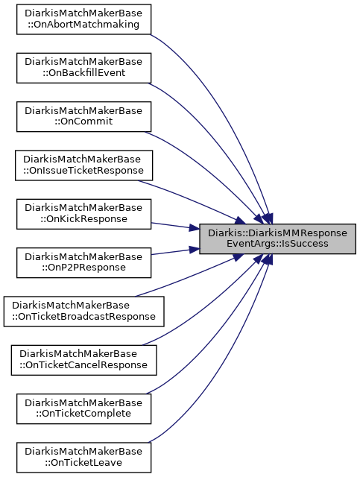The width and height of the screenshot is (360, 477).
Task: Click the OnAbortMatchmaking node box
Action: coord(83,19)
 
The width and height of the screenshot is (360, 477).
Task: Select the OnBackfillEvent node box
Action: coord(83,68)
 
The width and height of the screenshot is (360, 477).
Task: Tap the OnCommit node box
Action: coord(83,116)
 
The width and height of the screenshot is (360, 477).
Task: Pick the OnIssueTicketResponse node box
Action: coord(83,165)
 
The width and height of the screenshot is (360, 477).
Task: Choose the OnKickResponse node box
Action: coord(83,214)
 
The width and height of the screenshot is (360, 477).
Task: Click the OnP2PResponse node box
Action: coord(83,262)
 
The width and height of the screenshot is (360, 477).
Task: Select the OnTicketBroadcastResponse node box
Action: coord(83,312)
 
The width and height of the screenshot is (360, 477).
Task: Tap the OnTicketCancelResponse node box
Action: coord(83,360)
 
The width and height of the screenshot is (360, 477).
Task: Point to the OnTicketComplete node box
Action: coord(83,409)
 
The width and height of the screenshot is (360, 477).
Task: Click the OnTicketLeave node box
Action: coord(83,458)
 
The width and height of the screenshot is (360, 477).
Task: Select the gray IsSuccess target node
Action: coord(277,238)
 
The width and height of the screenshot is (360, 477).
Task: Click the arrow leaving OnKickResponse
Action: coord(175,226)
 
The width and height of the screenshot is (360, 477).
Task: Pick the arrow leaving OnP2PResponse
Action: coord(175,251)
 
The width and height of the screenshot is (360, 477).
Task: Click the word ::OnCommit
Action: coord(83,121)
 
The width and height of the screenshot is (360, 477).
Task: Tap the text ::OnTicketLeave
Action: coord(83,462)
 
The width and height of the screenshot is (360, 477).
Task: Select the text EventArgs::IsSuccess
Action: coord(277,244)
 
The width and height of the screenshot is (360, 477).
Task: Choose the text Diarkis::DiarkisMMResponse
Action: coord(277,233)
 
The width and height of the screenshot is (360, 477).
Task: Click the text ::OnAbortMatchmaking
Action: coord(83,24)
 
